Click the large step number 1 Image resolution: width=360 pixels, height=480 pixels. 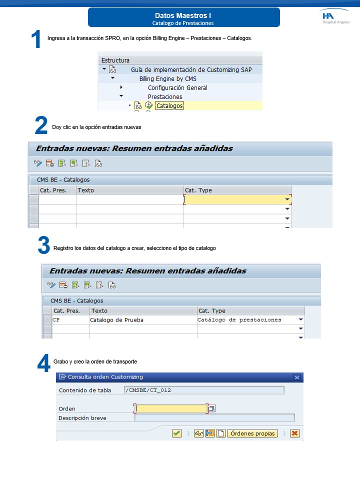[x=36, y=39]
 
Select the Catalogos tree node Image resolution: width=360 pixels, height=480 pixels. [x=169, y=106]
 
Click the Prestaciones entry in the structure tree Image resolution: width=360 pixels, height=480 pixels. [x=164, y=97]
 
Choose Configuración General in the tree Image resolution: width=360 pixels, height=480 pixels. [x=177, y=88]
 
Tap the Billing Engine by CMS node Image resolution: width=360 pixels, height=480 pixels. [x=167, y=79]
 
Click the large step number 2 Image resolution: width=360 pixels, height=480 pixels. [x=41, y=126]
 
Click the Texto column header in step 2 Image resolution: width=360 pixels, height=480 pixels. [x=86, y=190]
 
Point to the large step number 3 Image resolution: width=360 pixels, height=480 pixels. [x=44, y=246]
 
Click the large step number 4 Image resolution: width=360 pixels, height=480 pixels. [x=44, y=362]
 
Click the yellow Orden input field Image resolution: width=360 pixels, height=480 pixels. [x=171, y=408]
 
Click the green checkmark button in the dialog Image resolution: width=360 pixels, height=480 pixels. [x=176, y=433]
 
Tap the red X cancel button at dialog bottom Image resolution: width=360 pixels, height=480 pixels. [x=295, y=433]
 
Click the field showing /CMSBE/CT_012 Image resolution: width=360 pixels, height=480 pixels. [x=204, y=390]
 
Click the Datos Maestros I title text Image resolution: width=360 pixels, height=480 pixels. [x=183, y=16]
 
